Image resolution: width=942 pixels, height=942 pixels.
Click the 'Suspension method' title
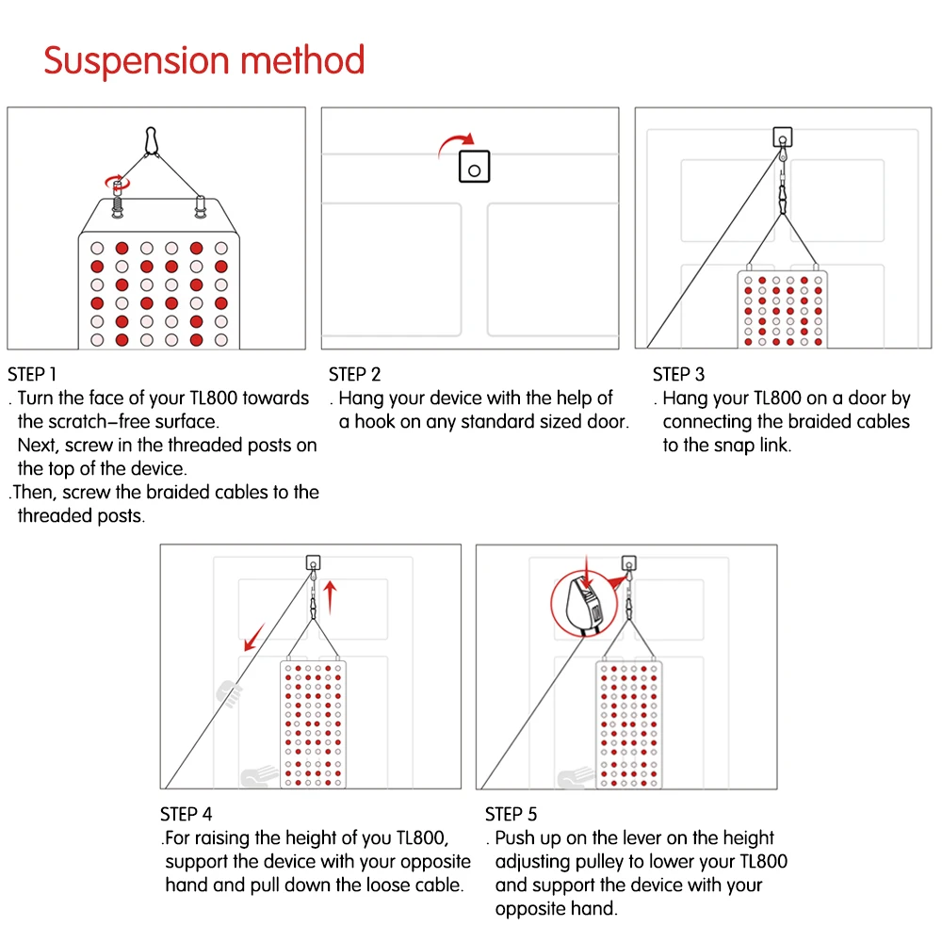tap(204, 60)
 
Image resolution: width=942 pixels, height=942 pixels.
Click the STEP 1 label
tap(32, 374)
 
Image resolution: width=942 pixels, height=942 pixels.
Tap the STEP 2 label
tap(355, 374)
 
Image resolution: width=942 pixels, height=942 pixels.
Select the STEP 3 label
tap(678, 374)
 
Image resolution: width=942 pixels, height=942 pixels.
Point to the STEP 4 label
tap(187, 814)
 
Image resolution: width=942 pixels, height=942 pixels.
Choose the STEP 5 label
tap(511, 814)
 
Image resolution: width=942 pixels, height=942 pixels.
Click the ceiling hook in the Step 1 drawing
tap(151, 140)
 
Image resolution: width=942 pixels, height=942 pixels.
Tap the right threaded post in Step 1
tap(200, 204)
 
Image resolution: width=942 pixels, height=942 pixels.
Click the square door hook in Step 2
tap(474, 168)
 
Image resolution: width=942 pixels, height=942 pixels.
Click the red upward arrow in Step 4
tap(330, 596)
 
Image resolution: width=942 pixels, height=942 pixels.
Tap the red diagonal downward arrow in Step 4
tap(253, 636)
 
